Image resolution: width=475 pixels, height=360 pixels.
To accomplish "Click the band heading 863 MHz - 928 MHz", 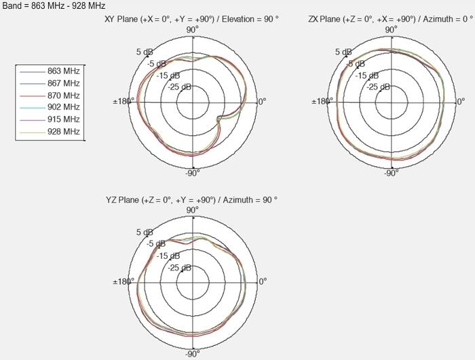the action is tap(54, 5).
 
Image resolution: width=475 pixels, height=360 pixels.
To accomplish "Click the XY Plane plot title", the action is tap(191, 19).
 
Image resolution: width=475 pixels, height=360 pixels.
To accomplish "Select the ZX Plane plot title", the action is tap(391, 19).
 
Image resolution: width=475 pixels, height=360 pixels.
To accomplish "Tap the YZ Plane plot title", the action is tap(191, 200).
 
